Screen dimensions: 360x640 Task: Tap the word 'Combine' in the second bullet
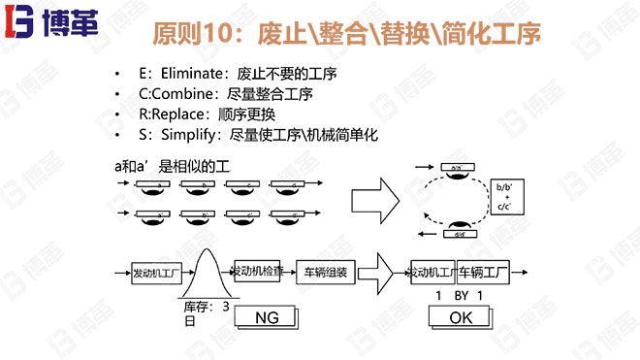tap(182, 94)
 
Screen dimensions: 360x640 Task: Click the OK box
tap(461, 317)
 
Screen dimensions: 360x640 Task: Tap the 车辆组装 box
tap(326, 272)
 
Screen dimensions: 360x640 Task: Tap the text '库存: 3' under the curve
tap(207, 306)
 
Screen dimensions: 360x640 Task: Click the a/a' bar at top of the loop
tap(455, 167)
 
